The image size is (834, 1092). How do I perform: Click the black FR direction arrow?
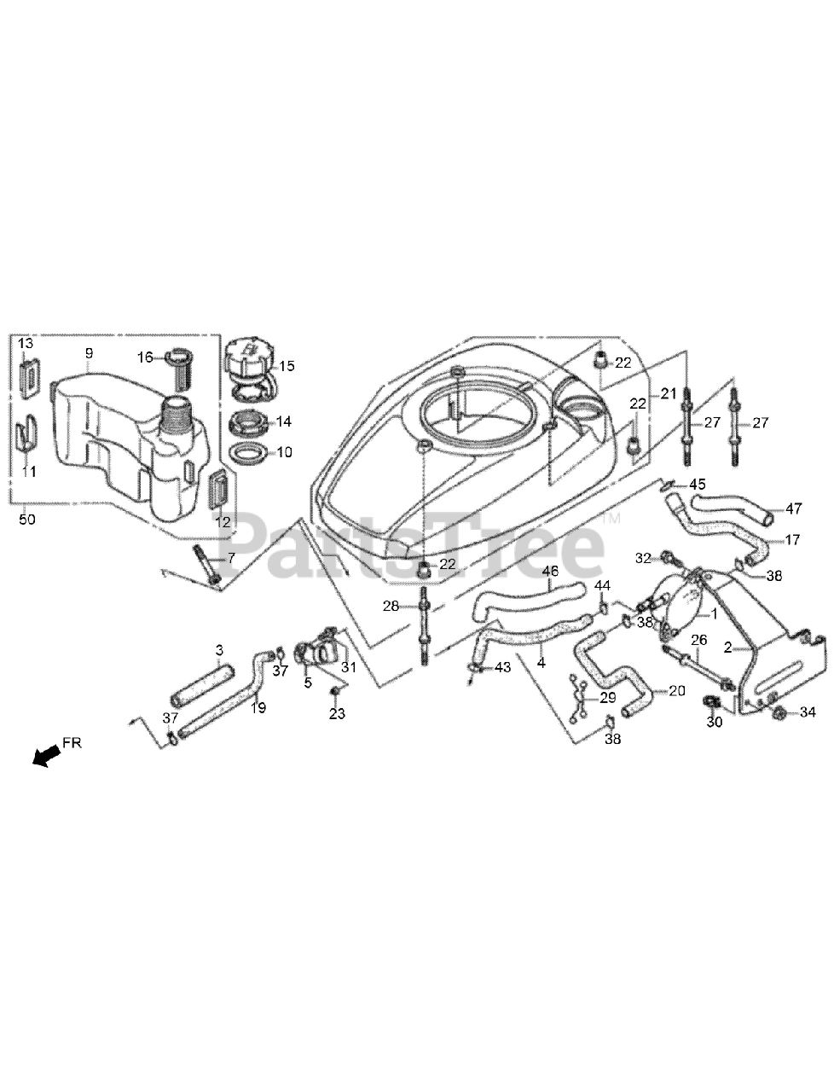[48, 753]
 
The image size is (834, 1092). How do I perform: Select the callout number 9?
[89, 352]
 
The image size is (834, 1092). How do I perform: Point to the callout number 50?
[26, 519]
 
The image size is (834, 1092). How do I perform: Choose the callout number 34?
[808, 712]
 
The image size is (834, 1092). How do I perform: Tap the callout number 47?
[794, 508]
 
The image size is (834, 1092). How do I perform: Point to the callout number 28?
[391, 606]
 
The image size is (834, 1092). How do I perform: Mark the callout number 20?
[676, 691]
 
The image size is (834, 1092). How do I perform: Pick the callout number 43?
[502, 666]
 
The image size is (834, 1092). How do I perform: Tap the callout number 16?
[146, 357]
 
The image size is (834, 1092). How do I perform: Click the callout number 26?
[699, 639]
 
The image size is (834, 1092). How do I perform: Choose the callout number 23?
[337, 712]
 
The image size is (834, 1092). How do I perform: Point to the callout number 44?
[602, 585]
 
